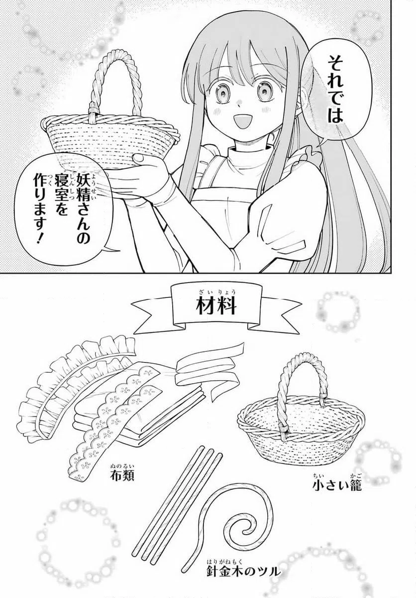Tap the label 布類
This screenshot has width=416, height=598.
coord(123,473)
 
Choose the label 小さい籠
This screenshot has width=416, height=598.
coord(336,484)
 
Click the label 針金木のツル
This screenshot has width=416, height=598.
coord(241,569)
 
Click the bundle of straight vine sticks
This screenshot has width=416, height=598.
coord(174,503)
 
